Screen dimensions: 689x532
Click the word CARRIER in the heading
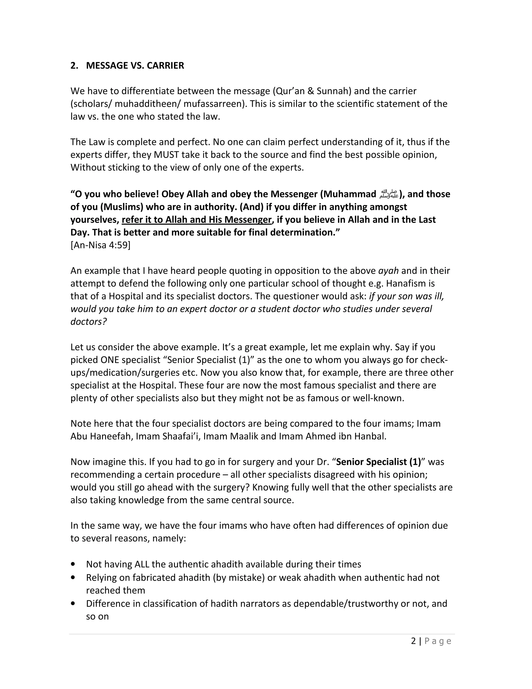pos(165,65)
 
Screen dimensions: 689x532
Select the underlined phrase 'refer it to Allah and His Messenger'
pos(196,220)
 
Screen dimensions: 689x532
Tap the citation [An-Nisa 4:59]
pos(100,245)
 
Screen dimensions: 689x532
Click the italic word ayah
pos(388,271)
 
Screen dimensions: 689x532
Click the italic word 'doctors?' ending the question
pos(89,322)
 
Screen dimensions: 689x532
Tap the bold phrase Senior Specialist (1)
pos(378,462)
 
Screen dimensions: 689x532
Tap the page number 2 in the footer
pos(414,641)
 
